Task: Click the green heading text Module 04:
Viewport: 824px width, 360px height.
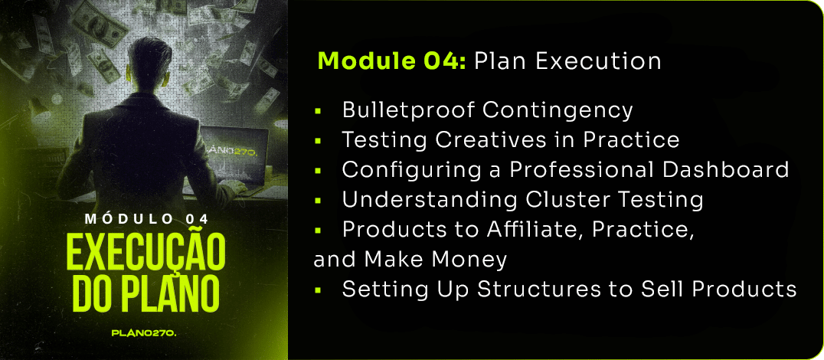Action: pyautogui.click(x=392, y=61)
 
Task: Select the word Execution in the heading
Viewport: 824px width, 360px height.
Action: pyautogui.click(x=599, y=61)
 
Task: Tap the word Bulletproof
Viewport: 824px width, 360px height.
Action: pyautogui.click(x=408, y=111)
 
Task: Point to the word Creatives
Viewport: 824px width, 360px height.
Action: pyautogui.click(x=485, y=140)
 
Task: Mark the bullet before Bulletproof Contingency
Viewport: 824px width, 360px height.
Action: pyautogui.click(x=318, y=111)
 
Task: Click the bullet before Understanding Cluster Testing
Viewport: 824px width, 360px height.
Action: pyautogui.click(x=318, y=200)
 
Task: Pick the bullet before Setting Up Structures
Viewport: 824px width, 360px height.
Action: pyautogui.click(x=318, y=290)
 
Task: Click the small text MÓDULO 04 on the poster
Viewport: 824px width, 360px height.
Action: pyautogui.click(x=146, y=218)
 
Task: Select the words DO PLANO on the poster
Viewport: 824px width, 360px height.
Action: pyautogui.click(x=146, y=297)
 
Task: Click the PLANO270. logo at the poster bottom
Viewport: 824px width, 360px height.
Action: pyautogui.click(x=146, y=333)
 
